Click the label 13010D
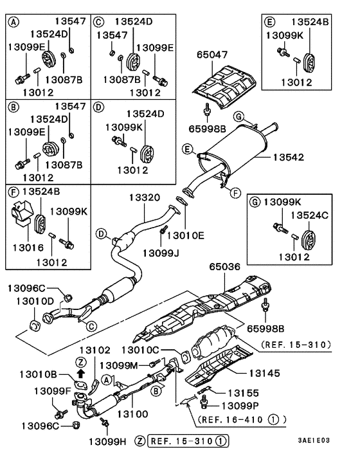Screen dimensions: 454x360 [31, 301]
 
